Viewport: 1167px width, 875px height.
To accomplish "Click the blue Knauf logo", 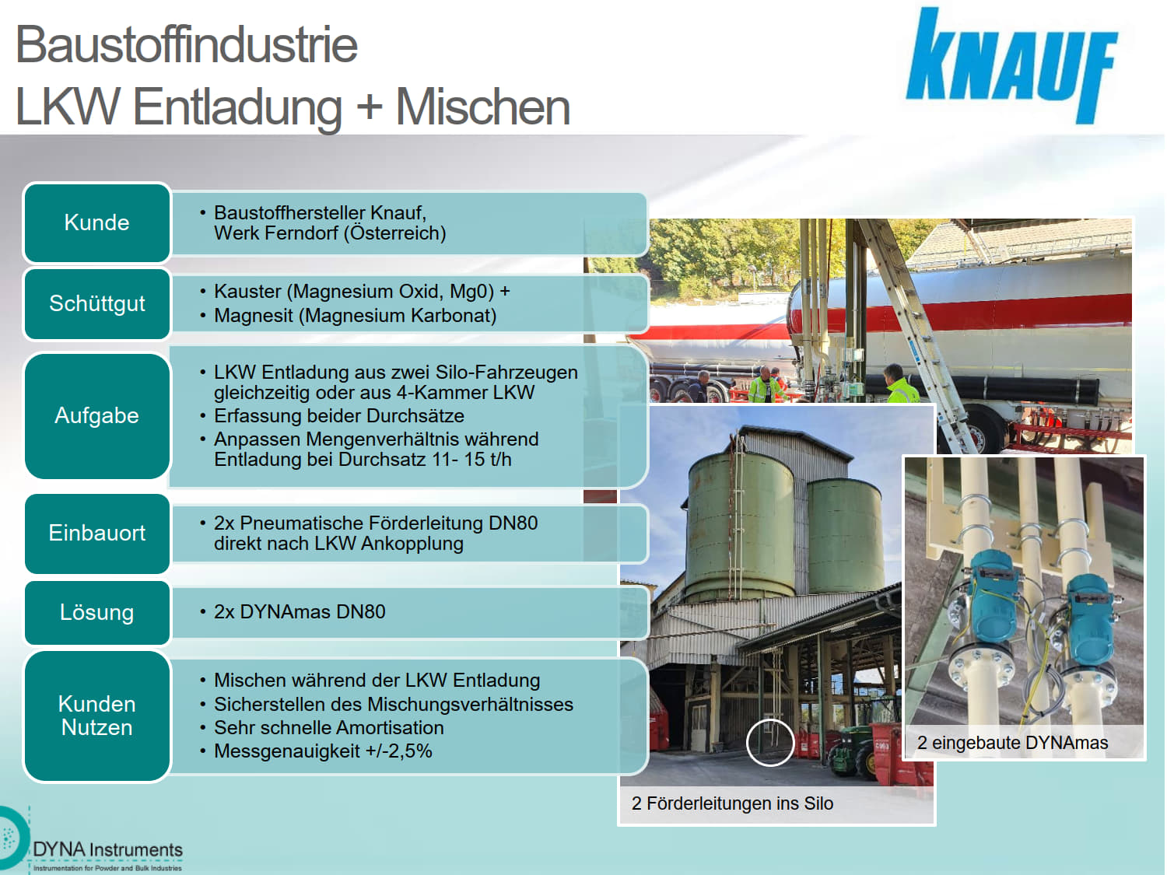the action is [x=1011, y=65].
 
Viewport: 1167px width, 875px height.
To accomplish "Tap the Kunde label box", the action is [x=96, y=222].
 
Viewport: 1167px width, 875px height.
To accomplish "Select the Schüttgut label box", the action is [x=96, y=303].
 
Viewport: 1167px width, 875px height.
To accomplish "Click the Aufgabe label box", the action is [x=96, y=415].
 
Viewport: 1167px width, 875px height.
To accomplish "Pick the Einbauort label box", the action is [x=96, y=533].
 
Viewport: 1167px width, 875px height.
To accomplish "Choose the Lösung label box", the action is [x=96, y=612].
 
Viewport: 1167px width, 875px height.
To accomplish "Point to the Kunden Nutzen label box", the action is [x=96, y=716].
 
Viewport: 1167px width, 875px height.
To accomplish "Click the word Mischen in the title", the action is [x=483, y=107].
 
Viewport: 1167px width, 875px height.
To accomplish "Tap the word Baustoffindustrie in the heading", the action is [x=187, y=44].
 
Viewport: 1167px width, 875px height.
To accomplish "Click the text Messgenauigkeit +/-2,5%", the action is [x=323, y=751].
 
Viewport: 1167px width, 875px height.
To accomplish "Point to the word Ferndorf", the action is [x=298, y=233].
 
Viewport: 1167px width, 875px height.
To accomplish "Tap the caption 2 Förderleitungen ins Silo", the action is [x=732, y=803].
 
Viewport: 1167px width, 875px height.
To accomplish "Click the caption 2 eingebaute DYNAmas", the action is [x=1012, y=743].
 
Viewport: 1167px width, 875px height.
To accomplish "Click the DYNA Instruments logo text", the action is [x=107, y=850].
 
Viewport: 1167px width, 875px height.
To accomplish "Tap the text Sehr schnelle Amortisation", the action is [x=328, y=728].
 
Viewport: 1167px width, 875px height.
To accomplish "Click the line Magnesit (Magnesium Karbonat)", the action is [x=355, y=316].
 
